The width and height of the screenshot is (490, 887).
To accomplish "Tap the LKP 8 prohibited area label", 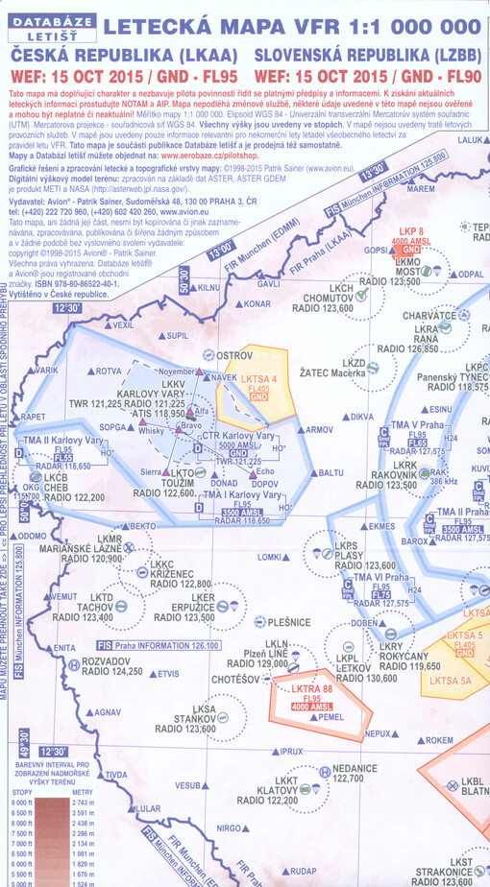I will click(410, 231).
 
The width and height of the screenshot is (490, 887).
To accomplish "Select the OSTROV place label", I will click(233, 355).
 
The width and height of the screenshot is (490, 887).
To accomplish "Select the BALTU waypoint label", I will click(330, 472).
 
